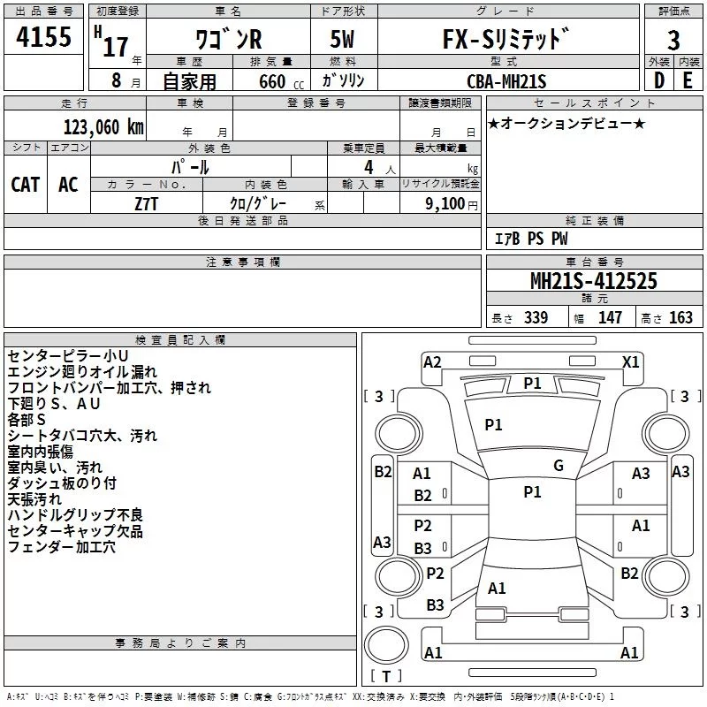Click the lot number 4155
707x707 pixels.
click(x=44, y=36)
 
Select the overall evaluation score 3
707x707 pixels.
click(x=673, y=40)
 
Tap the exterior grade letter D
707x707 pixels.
click(x=658, y=80)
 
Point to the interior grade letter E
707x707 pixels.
click(x=688, y=80)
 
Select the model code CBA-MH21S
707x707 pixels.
click(x=506, y=81)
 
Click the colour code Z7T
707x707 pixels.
click(x=146, y=202)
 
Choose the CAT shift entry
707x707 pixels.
click(x=26, y=184)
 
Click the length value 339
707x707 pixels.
click(x=536, y=317)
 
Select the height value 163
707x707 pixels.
click(x=681, y=317)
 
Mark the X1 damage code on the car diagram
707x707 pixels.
click(x=631, y=361)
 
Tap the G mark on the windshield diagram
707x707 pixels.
click(x=558, y=466)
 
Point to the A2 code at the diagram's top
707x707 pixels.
click(x=432, y=361)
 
